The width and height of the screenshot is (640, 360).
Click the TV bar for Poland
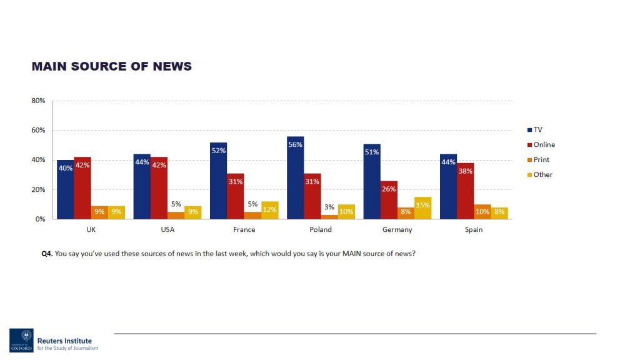point(295,177)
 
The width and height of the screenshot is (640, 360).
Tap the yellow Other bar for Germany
point(423,208)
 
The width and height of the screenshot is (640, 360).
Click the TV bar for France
point(219,181)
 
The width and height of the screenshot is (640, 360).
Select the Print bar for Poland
point(329,216)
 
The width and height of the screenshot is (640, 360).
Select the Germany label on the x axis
point(397,229)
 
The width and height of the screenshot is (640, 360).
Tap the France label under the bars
point(244,229)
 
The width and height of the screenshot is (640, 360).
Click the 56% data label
point(295,144)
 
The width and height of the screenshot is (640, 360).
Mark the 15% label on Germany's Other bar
point(423,205)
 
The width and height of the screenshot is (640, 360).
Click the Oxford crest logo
point(21,340)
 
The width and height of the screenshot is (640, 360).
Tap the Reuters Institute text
point(64,341)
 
